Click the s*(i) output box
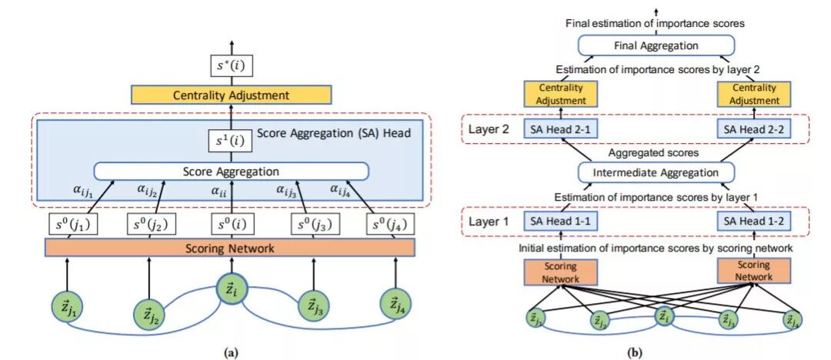click(x=232, y=67)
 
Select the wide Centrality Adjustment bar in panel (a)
click(x=232, y=95)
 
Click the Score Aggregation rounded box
click(x=231, y=171)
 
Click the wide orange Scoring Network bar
click(x=230, y=248)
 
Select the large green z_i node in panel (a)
click(x=232, y=292)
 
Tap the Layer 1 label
click(x=489, y=222)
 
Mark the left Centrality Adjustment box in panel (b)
click(x=561, y=94)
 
